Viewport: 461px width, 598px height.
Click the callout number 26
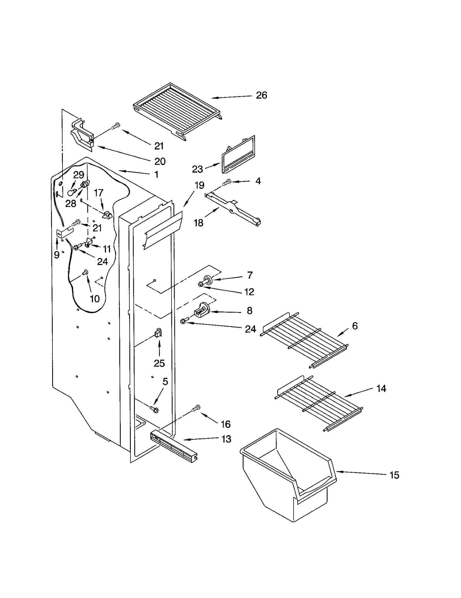click(x=261, y=95)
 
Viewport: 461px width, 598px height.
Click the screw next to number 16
click(x=196, y=408)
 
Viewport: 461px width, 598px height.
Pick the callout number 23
click(x=197, y=169)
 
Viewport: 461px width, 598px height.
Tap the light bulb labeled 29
click(x=71, y=193)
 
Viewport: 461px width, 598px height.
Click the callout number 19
click(x=199, y=185)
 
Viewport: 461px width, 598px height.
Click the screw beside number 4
click(x=227, y=182)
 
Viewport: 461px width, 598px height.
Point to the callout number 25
click(x=159, y=363)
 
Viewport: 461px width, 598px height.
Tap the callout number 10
click(x=95, y=299)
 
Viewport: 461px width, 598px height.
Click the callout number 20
click(x=160, y=161)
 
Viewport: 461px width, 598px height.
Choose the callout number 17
click(x=99, y=193)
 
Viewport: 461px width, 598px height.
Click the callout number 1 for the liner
click(x=156, y=174)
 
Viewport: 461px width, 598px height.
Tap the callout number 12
click(x=249, y=292)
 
